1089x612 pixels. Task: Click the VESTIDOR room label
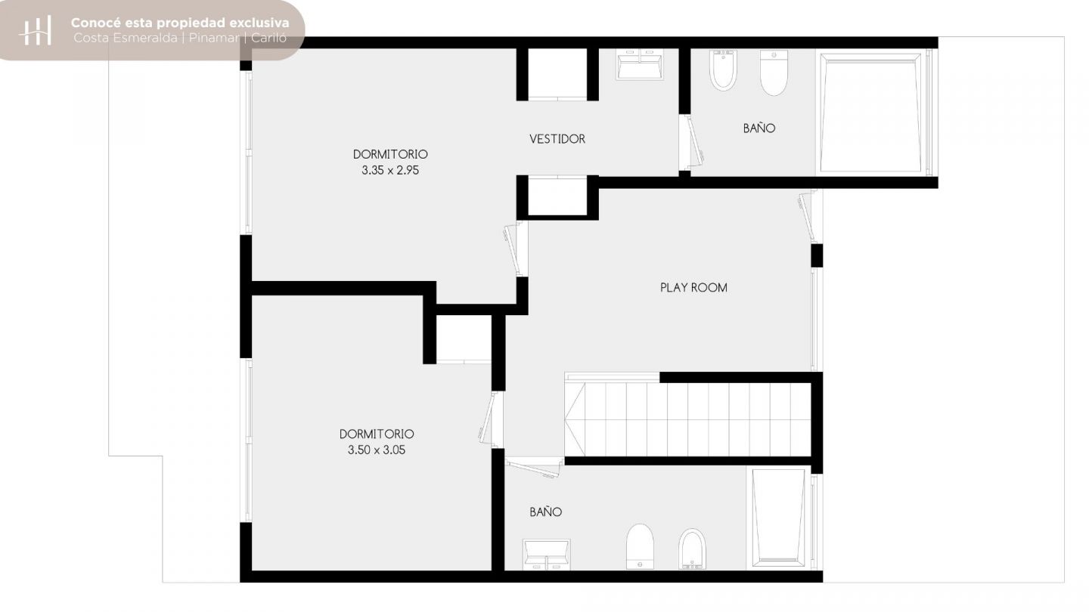point(557,139)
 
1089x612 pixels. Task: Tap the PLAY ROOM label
point(693,288)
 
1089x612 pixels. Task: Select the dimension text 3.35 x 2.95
point(390,170)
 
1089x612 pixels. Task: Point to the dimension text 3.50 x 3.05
point(377,450)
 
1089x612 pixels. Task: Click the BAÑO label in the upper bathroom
point(759,128)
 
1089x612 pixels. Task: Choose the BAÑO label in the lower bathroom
point(545,512)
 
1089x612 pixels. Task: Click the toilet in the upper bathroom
point(773,73)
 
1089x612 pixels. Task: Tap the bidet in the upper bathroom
point(723,70)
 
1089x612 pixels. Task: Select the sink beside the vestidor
point(639,64)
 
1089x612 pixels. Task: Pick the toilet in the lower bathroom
point(640,546)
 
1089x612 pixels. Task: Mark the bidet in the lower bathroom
point(691,549)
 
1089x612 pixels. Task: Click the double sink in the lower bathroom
point(547,555)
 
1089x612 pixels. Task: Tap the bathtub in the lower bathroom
point(778,518)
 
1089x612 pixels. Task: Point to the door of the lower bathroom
point(534,468)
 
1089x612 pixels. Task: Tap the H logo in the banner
point(35,30)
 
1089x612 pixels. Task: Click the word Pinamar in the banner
point(214,38)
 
